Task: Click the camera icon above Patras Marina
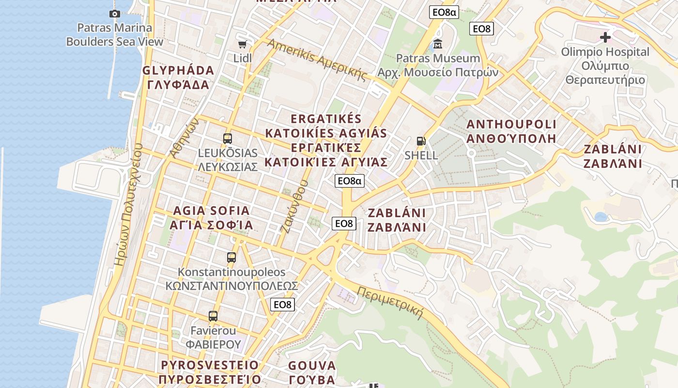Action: (x=114, y=14)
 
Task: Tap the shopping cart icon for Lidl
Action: (x=242, y=45)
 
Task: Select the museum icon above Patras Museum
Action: (x=438, y=44)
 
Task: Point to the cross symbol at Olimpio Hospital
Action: (x=605, y=37)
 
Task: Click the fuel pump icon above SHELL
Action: (x=421, y=141)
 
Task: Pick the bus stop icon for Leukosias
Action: (x=228, y=139)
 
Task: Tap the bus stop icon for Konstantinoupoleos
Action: (x=231, y=258)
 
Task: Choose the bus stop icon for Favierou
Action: (x=213, y=316)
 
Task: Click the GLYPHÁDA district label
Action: (x=178, y=71)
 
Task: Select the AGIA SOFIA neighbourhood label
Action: (x=211, y=211)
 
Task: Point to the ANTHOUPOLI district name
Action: (x=511, y=125)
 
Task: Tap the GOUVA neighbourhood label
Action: (x=312, y=366)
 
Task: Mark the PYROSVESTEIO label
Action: (x=210, y=365)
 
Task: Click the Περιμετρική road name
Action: (x=390, y=302)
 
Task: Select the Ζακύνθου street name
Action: (x=294, y=207)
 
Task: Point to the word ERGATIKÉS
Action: (x=326, y=119)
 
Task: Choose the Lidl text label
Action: (x=243, y=58)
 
